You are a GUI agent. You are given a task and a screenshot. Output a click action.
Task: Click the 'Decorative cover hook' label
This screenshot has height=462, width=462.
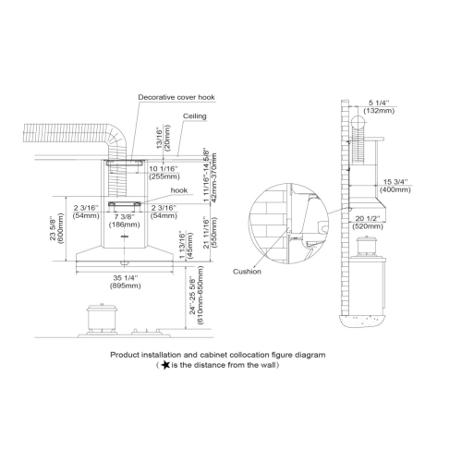click(177, 97)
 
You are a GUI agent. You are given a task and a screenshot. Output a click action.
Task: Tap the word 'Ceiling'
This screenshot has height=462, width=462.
click(194, 117)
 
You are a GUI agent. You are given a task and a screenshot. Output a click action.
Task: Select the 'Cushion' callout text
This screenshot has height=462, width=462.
click(248, 272)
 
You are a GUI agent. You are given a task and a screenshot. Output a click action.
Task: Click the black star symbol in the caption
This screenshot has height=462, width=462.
click(164, 365)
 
